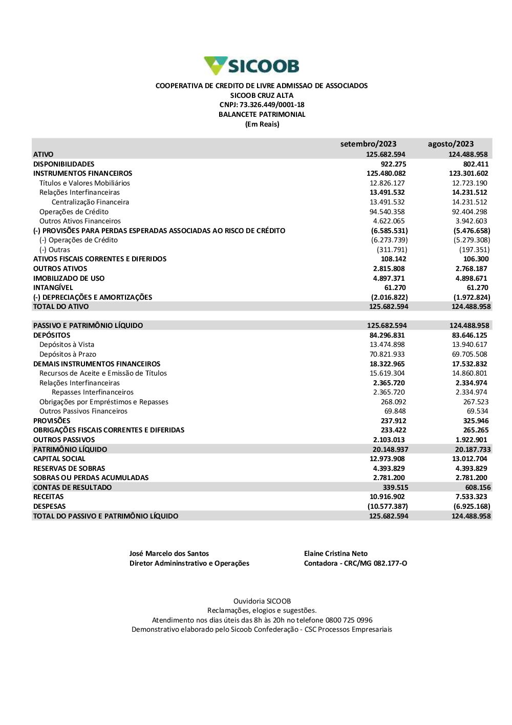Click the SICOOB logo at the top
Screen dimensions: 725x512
(251, 66)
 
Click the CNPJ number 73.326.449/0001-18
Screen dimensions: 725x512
(272, 105)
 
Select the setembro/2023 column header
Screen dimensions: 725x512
(368, 144)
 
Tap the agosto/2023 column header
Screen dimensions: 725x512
(451, 144)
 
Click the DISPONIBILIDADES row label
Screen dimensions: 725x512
(63, 164)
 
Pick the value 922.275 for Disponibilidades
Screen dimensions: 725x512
(393, 164)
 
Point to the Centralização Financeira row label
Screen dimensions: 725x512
(90, 202)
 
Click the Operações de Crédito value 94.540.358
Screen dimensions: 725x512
(387, 212)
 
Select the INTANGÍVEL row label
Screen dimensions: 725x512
(53, 288)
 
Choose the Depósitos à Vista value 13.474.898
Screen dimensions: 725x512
(387, 345)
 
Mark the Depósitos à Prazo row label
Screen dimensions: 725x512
(68, 355)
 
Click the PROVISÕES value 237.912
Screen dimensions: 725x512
(393, 421)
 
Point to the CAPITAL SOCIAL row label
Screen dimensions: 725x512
(59, 459)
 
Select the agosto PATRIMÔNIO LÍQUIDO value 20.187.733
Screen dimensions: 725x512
(473, 450)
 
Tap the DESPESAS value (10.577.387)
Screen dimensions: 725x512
(388, 507)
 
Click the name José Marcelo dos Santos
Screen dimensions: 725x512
(169, 554)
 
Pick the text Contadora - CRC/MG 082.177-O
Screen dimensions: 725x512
(355, 564)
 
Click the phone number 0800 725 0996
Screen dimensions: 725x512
(349, 620)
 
